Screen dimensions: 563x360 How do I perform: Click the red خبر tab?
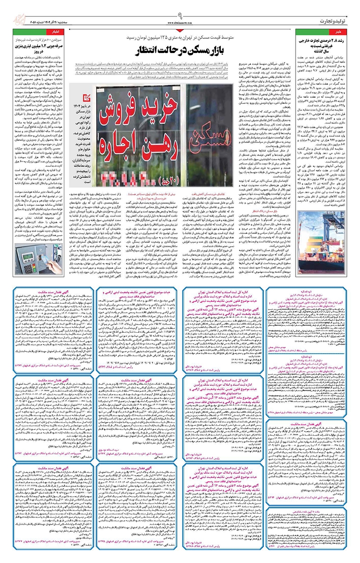coord(338,32)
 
